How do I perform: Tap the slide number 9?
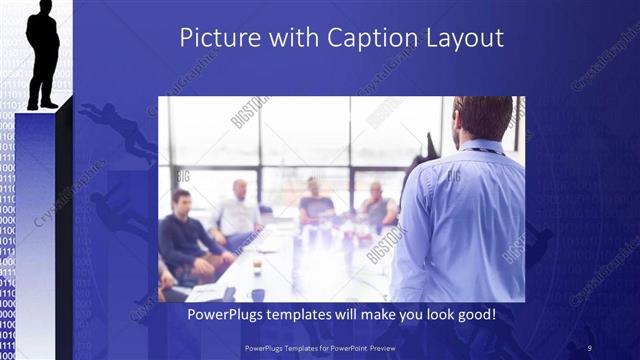click(x=590, y=346)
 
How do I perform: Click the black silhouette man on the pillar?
click(x=43, y=55)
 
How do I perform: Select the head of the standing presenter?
click(x=483, y=117)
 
